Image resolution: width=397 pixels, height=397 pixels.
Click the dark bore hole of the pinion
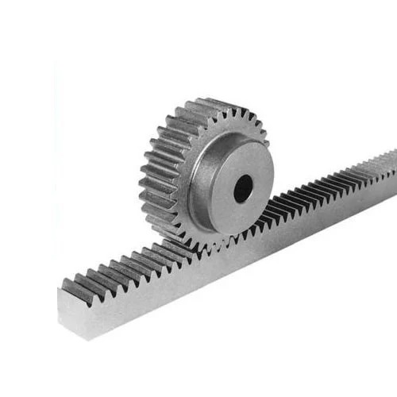[x=243, y=188]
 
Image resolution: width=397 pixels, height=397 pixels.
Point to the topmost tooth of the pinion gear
[x=208, y=105]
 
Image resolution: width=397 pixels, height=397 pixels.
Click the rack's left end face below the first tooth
[x=67, y=306]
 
